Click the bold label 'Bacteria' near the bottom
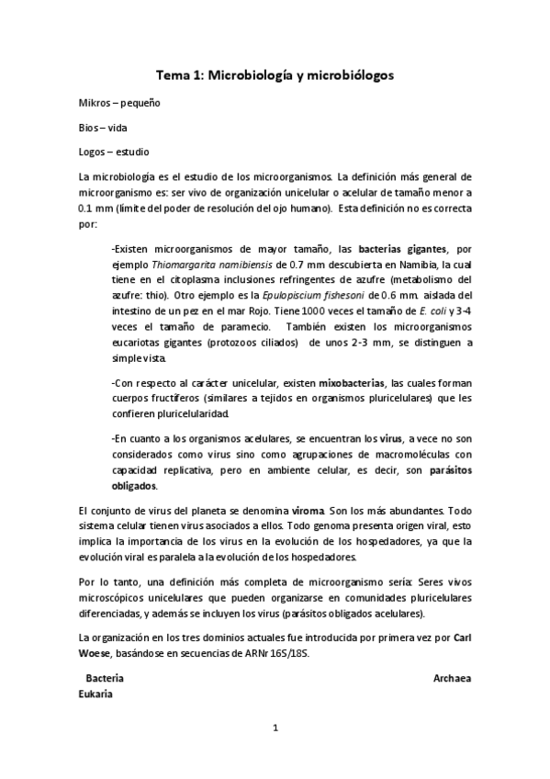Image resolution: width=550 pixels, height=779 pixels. [105, 679]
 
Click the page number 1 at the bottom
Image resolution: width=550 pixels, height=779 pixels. [275, 730]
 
